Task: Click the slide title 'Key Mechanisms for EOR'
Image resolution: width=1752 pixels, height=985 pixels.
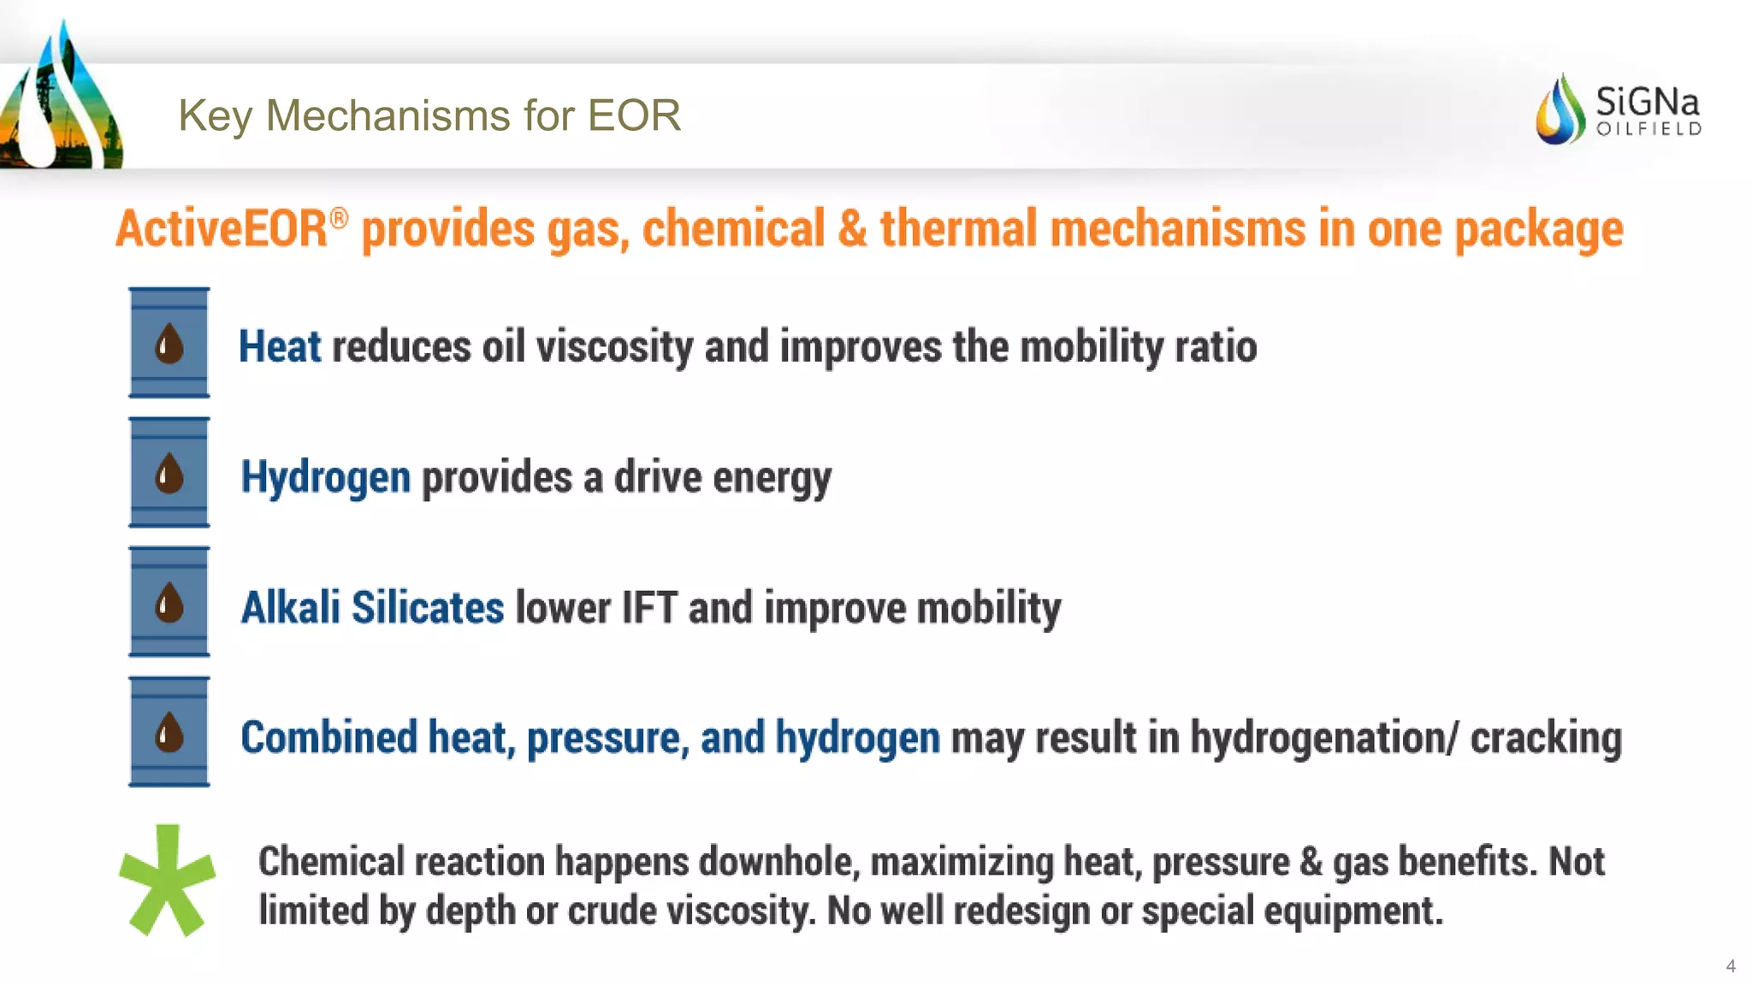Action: point(429,115)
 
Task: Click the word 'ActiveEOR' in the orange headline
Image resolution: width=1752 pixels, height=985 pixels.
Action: point(221,229)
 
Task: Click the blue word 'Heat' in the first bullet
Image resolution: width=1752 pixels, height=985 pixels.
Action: point(279,346)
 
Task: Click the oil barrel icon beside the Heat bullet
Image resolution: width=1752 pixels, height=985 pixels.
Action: point(169,343)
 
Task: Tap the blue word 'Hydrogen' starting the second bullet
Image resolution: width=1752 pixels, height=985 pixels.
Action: point(325,477)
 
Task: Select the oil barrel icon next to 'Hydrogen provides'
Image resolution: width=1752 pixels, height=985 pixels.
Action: point(169,473)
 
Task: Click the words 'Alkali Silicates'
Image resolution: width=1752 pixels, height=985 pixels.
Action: point(372,608)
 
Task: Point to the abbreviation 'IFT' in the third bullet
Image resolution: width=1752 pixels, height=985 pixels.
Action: point(649,608)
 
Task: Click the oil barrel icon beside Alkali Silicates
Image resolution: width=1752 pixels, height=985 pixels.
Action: point(169,603)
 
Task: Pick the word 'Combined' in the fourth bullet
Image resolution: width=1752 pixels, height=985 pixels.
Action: point(328,737)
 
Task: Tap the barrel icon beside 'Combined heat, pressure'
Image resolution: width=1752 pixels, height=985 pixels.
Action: point(169,733)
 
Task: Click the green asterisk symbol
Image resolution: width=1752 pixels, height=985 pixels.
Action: point(167,881)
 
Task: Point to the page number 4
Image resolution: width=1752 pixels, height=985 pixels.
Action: point(1731,966)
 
